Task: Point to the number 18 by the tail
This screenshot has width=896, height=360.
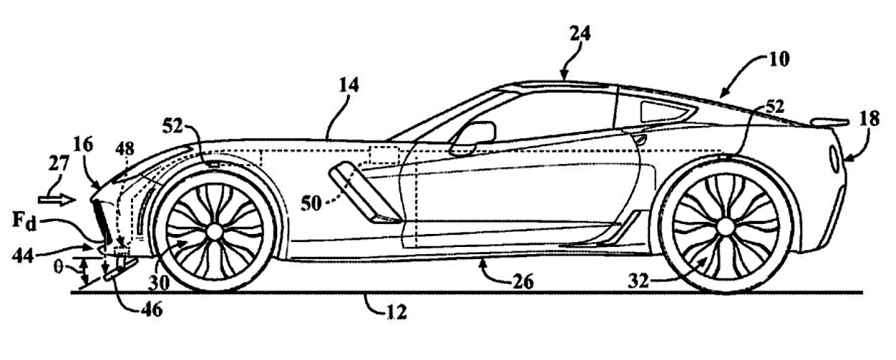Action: coord(868,119)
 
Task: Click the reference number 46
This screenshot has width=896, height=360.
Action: coord(151,310)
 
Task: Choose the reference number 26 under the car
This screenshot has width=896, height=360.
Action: coord(522,282)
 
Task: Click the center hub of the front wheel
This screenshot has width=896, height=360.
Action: coord(214,230)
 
